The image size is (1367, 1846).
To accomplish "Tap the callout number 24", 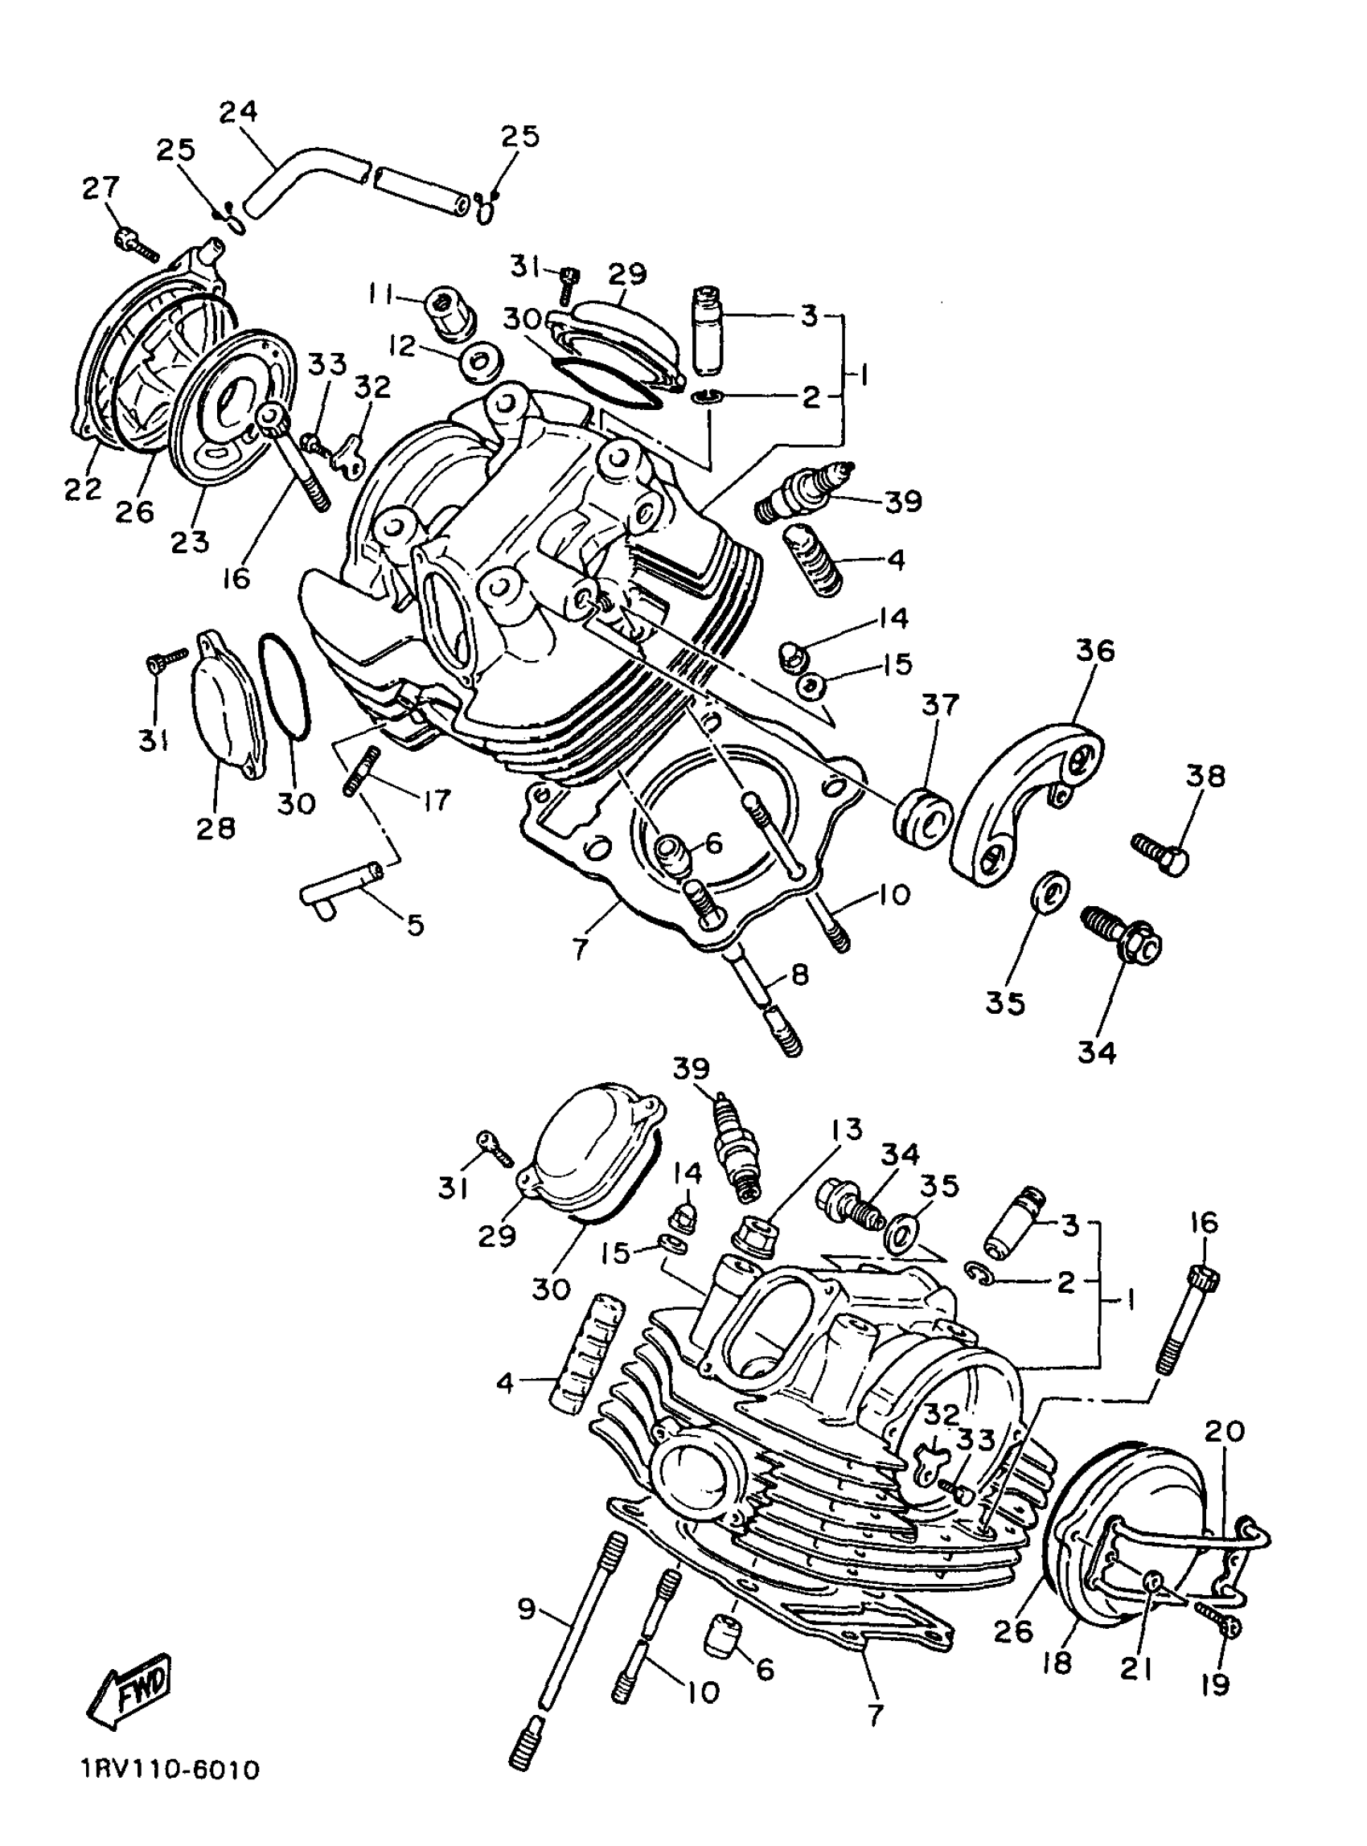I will pos(238,112).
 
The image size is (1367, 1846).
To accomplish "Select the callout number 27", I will pos(101,190).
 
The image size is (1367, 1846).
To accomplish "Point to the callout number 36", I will pos(1094,650).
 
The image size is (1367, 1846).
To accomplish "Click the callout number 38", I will pos(1205,776).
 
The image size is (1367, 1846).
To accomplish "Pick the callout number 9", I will pos(526,1610).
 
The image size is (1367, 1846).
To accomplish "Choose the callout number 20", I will pos(1225,1430).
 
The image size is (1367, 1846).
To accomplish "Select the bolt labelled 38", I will pos(1160,852).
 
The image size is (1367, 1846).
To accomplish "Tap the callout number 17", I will pos(436,799).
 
